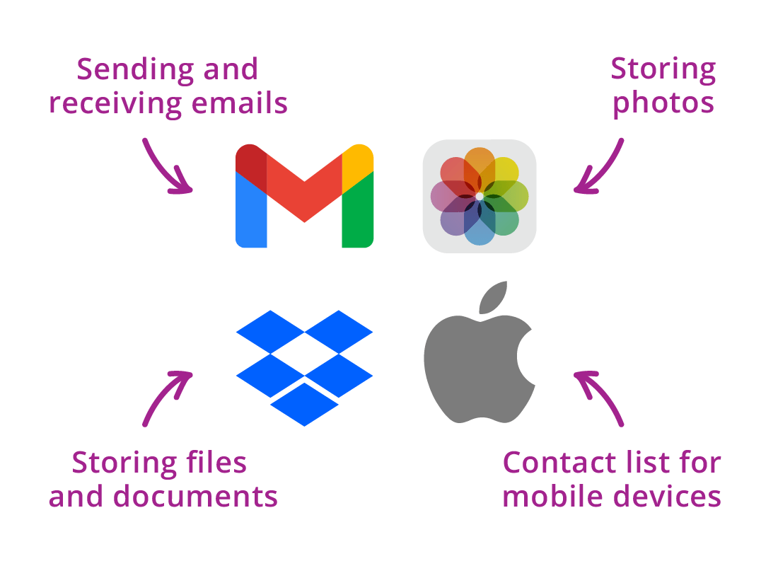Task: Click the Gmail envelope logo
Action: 304,196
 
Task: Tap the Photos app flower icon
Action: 480,196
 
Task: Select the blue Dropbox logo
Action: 304,366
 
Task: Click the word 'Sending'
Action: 124,69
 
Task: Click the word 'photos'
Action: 663,103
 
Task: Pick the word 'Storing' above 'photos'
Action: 663,69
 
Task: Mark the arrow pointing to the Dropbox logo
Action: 164,398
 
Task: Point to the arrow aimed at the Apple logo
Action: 601,398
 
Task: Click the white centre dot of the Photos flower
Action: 480,196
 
